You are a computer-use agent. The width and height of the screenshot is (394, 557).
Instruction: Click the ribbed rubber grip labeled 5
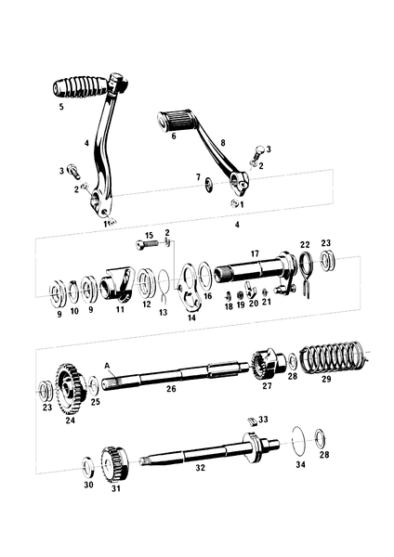(79, 88)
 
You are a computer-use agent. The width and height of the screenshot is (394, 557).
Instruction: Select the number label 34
(299, 463)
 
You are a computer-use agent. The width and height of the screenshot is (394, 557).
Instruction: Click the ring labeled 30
(88, 460)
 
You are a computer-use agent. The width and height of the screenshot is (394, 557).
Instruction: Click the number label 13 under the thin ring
(162, 314)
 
